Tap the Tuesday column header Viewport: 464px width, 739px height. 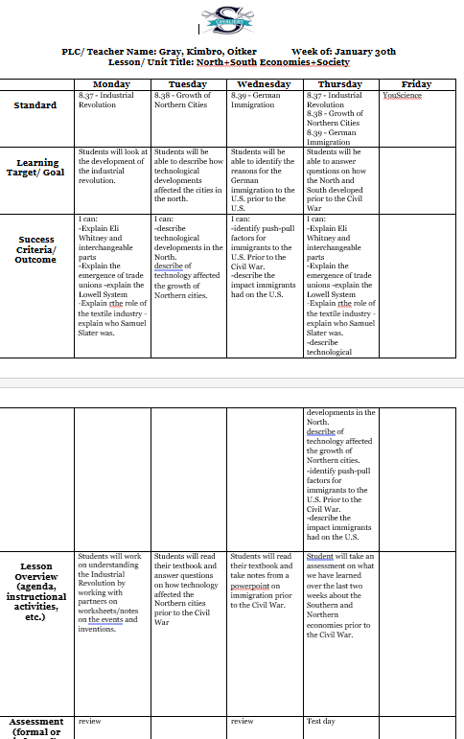[190, 84]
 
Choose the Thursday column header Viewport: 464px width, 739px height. [340, 84]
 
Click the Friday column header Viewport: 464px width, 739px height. [416, 84]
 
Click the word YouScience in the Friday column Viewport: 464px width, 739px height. [402, 96]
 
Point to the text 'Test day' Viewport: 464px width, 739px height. [319, 721]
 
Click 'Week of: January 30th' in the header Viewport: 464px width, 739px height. [343, 51]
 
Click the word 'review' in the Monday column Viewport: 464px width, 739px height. [90, 721]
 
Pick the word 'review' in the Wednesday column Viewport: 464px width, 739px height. [244, 721]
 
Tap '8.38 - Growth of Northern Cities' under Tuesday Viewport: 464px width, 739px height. [183, 100]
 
